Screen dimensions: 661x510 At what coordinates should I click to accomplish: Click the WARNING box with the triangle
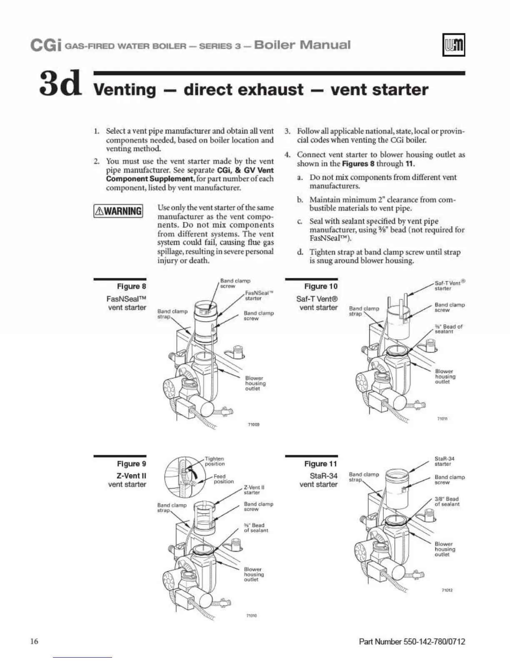[118, 211]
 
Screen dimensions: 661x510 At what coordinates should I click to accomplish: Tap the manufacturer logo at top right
[453, 45]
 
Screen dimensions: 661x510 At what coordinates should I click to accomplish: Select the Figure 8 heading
[132, 286]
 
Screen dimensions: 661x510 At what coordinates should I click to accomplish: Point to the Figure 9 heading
[132, 464]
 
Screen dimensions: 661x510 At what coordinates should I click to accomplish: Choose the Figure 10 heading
[321, 286]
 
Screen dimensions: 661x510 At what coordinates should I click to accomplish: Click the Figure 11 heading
[321, 464]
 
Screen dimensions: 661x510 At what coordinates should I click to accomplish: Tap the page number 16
[34, 641]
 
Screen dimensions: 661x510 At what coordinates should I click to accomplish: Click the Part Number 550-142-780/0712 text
[412, 641]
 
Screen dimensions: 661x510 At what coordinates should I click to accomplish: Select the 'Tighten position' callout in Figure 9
[215, 461]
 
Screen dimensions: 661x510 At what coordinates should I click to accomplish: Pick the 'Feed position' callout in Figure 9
[223, 479]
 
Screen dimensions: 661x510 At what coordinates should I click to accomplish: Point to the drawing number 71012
[447, 590]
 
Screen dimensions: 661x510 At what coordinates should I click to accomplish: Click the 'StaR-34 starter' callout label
[444, 461]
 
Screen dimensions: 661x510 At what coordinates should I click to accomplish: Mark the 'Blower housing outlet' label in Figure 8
[255, 383]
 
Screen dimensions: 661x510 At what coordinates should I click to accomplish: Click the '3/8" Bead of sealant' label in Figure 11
[447, 501]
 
